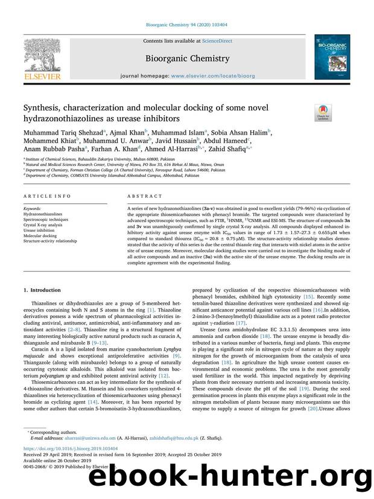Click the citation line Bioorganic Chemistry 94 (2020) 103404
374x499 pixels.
[186, 25]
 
